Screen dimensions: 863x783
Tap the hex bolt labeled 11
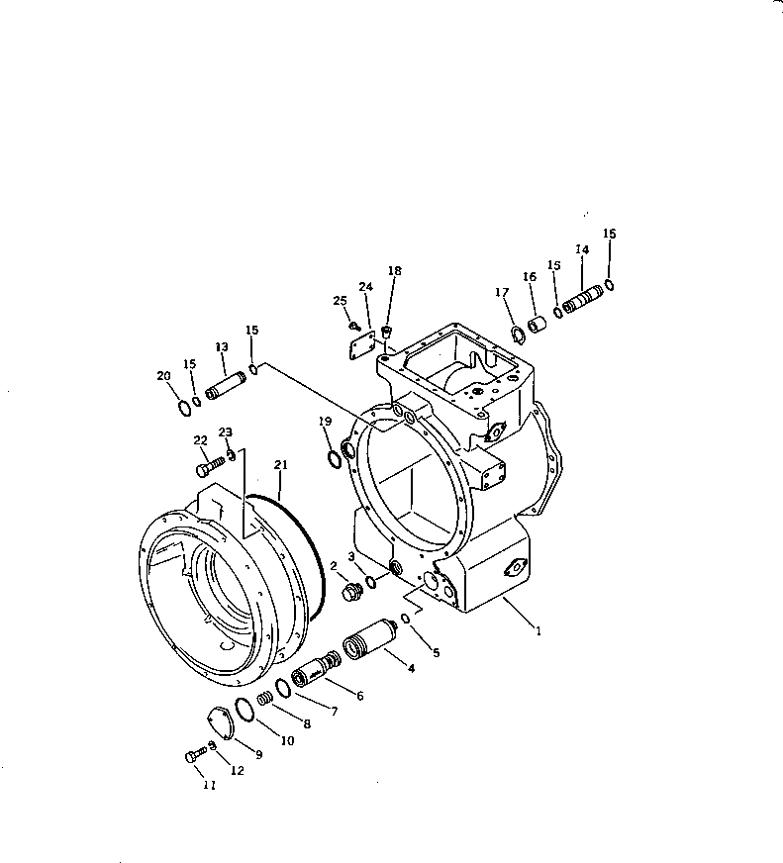(193, 756)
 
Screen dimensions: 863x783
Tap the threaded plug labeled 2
(349, 594)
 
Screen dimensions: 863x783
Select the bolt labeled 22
(206, 460)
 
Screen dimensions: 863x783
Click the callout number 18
(394, 270)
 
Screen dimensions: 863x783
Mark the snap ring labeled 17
(518, 333)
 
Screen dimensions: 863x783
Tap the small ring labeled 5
(406, 620)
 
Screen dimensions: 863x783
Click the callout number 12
(236, 770)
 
